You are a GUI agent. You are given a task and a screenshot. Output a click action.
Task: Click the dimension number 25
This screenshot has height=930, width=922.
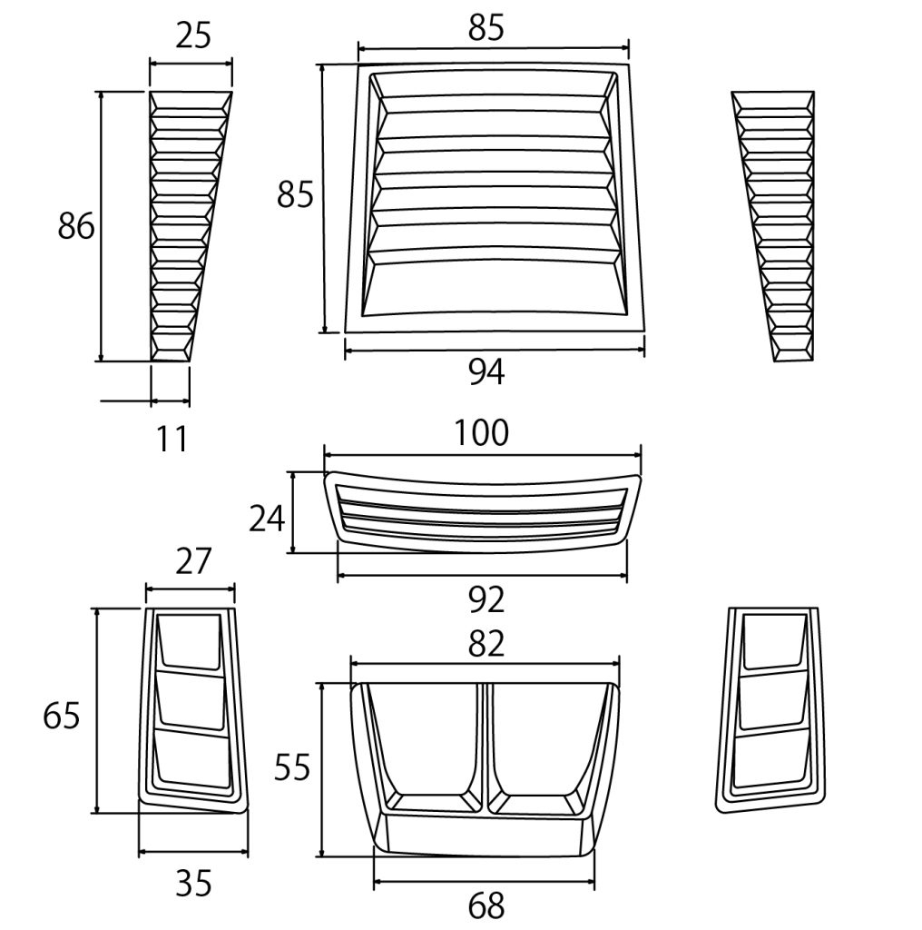point(193,35)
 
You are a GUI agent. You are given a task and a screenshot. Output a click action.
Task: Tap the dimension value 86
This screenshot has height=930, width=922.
point(76,226)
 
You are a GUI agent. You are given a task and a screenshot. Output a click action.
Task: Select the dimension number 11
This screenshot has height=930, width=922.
point(172,440)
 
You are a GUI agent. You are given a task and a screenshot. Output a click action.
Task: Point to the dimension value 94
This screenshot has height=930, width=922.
point(486,372)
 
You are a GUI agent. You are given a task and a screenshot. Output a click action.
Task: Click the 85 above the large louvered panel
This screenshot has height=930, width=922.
point(486,28)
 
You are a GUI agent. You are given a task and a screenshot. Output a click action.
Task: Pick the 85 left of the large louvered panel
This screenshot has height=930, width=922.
point(295,194)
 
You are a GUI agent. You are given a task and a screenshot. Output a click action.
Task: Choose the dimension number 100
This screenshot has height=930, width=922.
point(481,433)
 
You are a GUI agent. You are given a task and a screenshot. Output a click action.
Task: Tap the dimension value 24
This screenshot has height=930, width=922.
point(267,519)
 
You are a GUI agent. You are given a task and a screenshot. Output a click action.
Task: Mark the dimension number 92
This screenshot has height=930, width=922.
point(486,599)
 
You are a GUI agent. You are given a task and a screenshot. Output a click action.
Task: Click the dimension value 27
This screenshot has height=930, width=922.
point(193,561)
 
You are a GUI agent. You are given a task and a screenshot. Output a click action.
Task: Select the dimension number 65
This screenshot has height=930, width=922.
point(61,716)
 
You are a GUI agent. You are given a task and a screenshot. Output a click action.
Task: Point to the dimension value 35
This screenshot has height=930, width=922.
point(193,885)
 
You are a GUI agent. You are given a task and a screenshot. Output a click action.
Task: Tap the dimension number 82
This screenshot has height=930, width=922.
point(486,645)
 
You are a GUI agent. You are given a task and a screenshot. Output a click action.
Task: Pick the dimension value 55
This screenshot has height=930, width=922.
point(292,768)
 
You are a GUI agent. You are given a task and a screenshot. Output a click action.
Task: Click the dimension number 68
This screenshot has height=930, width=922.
point(486,906)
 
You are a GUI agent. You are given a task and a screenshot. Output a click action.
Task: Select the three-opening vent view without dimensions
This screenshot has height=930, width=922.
point(770,709)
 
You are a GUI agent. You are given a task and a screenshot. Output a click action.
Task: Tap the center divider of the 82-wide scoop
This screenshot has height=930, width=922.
point(484,748)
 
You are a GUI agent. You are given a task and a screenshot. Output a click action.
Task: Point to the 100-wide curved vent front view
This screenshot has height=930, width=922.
point(483,512)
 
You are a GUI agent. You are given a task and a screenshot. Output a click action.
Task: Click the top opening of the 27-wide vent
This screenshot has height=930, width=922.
point(190,640)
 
